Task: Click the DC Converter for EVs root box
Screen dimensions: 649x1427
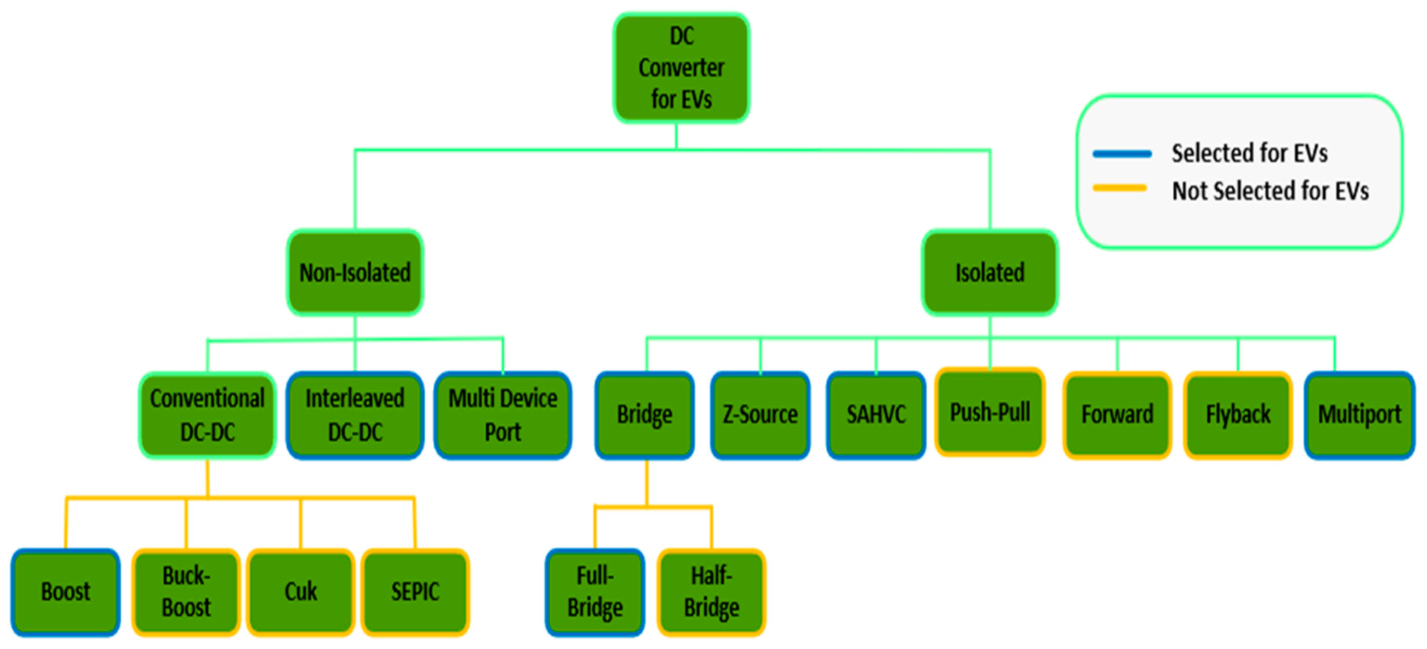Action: [x=681, y=68]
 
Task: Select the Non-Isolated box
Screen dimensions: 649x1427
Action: [x=355, y=272]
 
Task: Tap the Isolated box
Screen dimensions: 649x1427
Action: [x=989, y=272]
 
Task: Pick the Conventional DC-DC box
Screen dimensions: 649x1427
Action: [x=207, y=415]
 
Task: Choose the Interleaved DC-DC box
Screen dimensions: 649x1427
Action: [x=355, y=415]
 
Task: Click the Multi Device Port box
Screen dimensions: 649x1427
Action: [x=503, y=415]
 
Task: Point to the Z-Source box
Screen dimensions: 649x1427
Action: [x=760, y=415]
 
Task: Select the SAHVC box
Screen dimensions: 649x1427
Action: [x=876, y=415]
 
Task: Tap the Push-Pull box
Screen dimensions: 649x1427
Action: [x=990, y=412]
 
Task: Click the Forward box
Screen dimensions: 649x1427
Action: [x=1117, y=415]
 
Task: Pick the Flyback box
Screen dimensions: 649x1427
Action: [x=1238, y=415]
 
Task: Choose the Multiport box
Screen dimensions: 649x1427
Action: [x=1359, y=415]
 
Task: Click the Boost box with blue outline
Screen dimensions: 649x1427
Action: [x=66, y=592]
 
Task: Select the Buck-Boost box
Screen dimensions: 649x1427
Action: [x=186, y=592]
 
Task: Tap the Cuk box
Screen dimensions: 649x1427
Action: [x=301, y=592]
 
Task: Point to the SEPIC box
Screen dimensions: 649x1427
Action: [x=415, y=592]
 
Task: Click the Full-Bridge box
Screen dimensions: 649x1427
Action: [x=595, y=592]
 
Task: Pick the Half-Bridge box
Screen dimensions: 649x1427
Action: [x=711, y=592]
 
